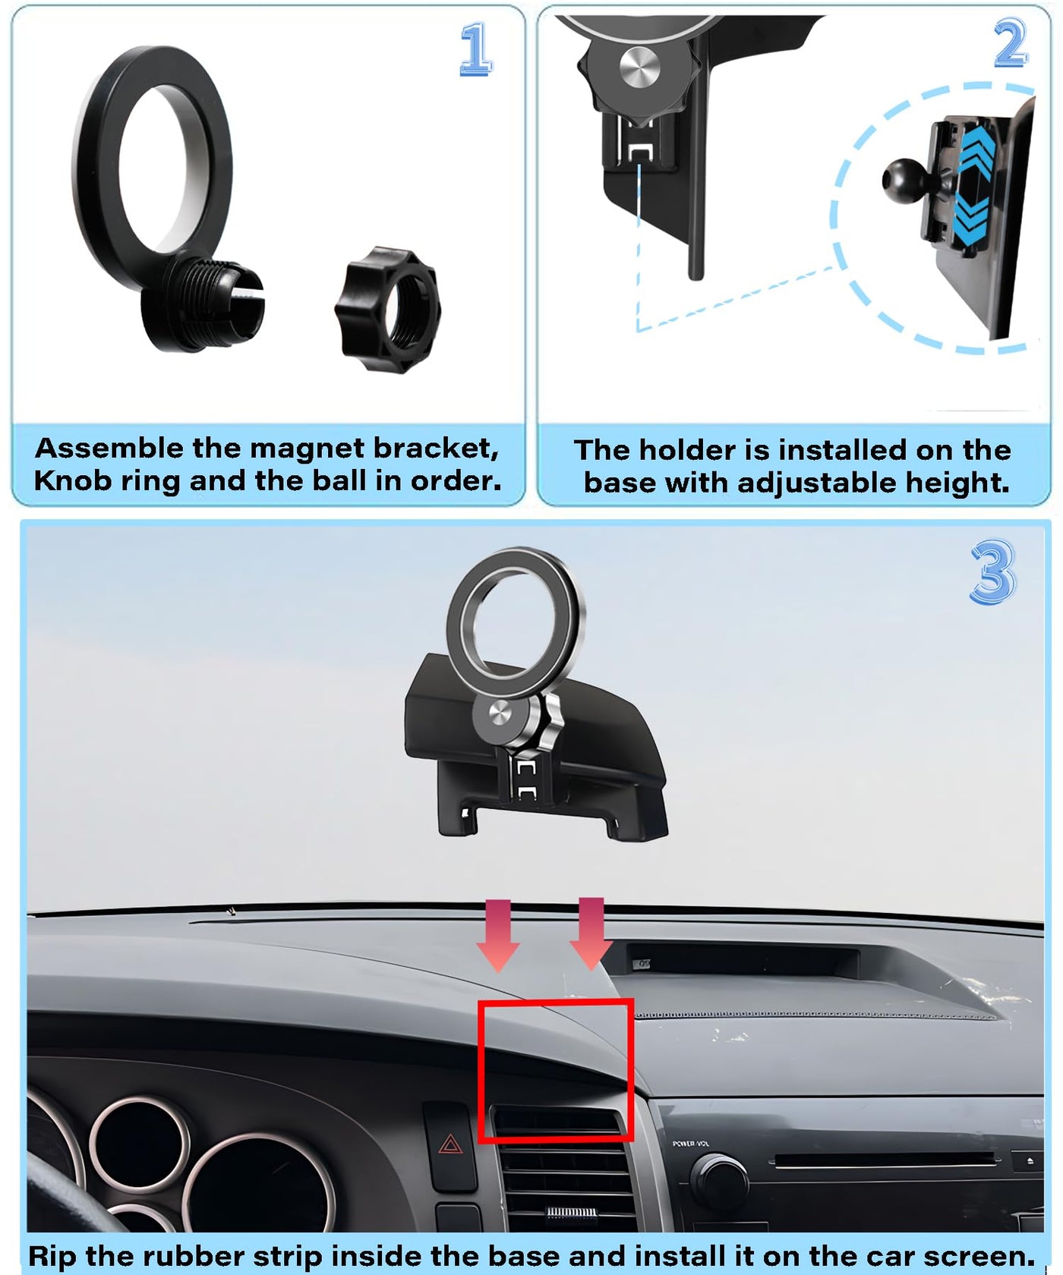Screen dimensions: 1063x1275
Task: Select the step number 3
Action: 992,571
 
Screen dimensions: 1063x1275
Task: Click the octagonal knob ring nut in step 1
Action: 387,308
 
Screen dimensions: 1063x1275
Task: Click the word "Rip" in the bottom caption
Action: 52,1257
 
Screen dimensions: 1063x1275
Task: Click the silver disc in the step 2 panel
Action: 639,66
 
